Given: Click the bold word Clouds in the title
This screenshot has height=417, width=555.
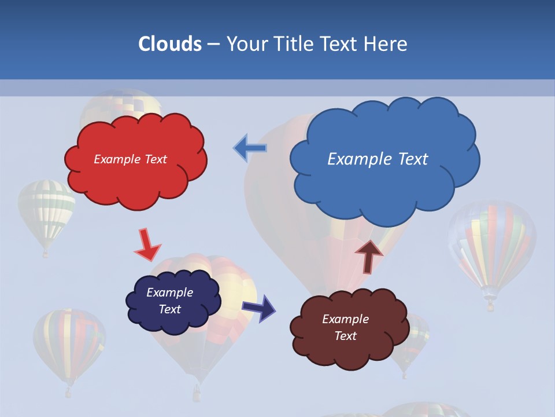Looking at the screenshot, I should tap(170, 44).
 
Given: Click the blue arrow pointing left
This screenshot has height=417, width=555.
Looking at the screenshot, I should tap(250, 148).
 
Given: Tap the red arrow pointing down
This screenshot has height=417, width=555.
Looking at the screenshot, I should tap(147, 245).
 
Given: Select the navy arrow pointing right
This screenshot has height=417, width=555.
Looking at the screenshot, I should tap(260, 308).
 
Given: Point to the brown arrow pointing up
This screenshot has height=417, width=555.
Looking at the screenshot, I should tap(368, 255).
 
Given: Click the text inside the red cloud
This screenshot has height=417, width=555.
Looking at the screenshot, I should tap(130, 159).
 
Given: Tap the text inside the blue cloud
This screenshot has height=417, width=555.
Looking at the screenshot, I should tap(378, 159).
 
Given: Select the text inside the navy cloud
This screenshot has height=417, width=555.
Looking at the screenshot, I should tap(170, 301).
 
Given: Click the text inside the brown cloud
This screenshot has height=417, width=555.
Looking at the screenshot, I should tap(346, 327).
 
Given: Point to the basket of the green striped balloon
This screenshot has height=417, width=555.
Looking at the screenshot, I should tap(46, 254).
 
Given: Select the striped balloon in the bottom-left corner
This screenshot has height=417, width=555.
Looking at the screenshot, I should tap(69, 345).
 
